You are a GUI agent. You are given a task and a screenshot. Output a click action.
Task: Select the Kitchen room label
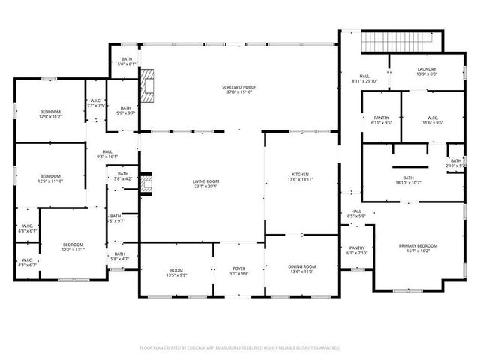click(301, 177)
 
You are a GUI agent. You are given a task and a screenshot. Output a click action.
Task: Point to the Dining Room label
click(301, 268)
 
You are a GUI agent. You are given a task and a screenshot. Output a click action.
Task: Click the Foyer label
click(238, 268)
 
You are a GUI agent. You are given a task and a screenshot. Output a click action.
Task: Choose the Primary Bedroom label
click(418, 248)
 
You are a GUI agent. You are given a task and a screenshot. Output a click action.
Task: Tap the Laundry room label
click(426, 71)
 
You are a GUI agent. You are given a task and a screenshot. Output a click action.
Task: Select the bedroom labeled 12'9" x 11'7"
click(49, 114)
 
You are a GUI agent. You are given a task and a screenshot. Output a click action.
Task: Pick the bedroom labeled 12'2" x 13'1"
click(73, 247)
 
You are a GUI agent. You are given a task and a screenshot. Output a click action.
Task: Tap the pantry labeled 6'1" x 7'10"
click(356, 250)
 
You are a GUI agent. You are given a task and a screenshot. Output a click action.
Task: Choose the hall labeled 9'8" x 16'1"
click(108, 154)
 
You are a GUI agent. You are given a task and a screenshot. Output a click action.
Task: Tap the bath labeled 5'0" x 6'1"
click(127, 61)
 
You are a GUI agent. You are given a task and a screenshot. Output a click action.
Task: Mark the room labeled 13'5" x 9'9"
click(176, 272)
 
